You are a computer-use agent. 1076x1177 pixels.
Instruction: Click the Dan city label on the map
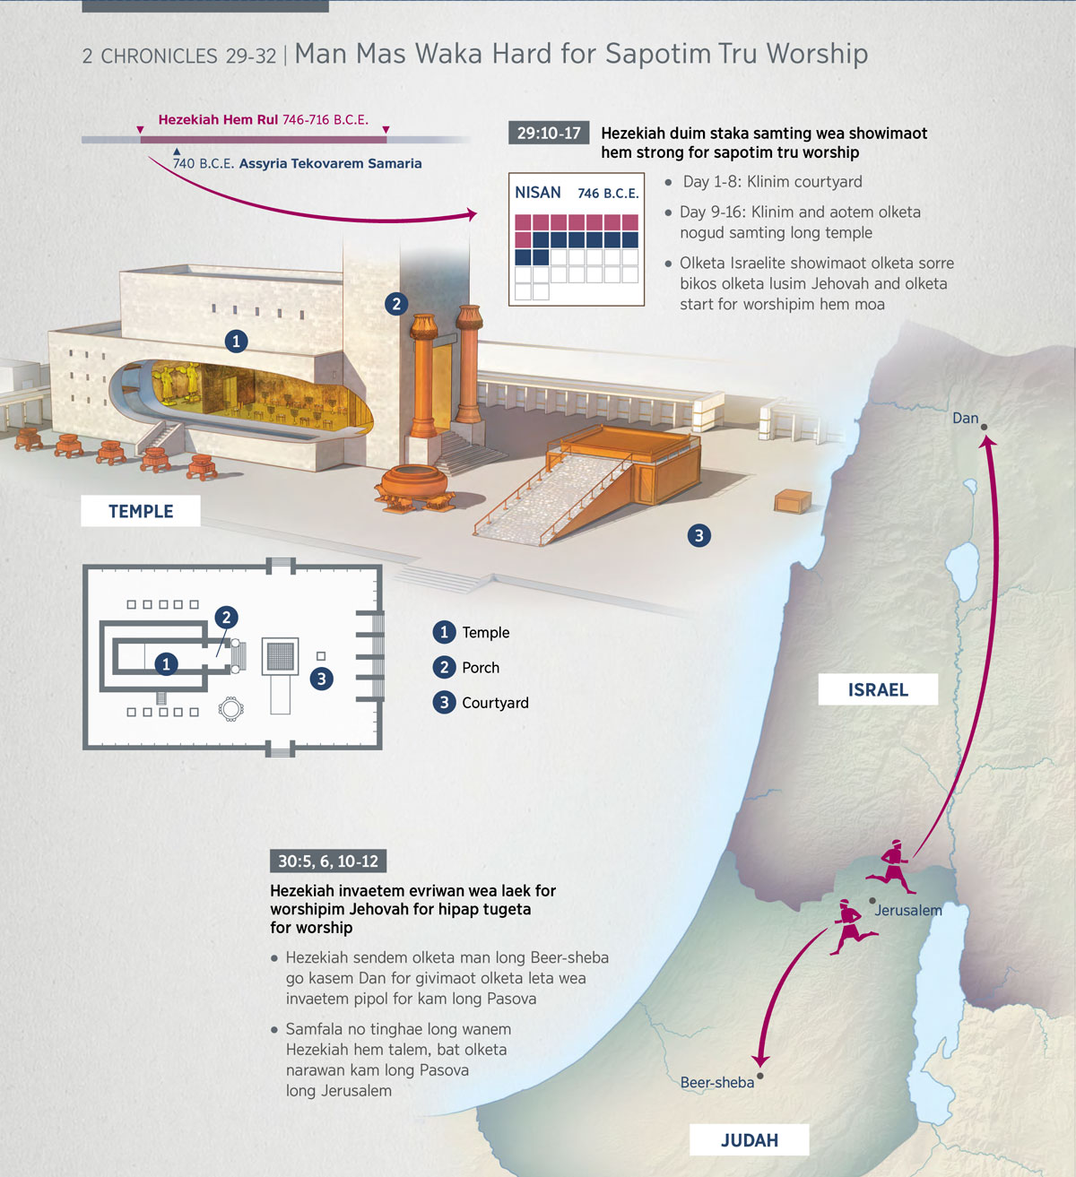(965, 419)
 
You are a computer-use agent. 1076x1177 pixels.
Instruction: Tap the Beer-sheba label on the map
(716, 1083)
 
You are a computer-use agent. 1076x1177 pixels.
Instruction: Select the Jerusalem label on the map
(908, 910)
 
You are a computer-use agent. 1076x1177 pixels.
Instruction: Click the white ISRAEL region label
(878, 689)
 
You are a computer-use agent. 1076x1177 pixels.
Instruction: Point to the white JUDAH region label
(749, 1140)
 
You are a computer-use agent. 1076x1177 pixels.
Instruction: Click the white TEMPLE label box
(140, 511)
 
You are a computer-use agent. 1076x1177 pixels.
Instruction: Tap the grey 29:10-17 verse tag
(548, 134)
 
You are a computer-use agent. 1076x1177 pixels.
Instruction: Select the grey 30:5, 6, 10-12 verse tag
(328, 861)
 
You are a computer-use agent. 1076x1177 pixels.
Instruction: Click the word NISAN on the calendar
(538, 193)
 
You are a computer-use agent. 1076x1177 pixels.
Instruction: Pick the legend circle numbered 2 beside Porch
(445, 667)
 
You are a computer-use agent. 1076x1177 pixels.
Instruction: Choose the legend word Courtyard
(495, 703)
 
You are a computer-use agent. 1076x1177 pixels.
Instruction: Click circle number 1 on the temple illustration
(236, 341)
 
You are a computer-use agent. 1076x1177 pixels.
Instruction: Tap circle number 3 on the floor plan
(322, 679)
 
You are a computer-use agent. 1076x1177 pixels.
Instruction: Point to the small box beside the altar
(793, 502)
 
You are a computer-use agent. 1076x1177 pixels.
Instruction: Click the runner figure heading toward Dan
(890, 867)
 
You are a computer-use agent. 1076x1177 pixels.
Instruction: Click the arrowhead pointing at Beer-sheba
(760, 1060)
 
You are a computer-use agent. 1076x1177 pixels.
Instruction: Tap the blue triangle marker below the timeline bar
(177, 151)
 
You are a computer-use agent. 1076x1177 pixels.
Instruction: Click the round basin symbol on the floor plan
(230, 709)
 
